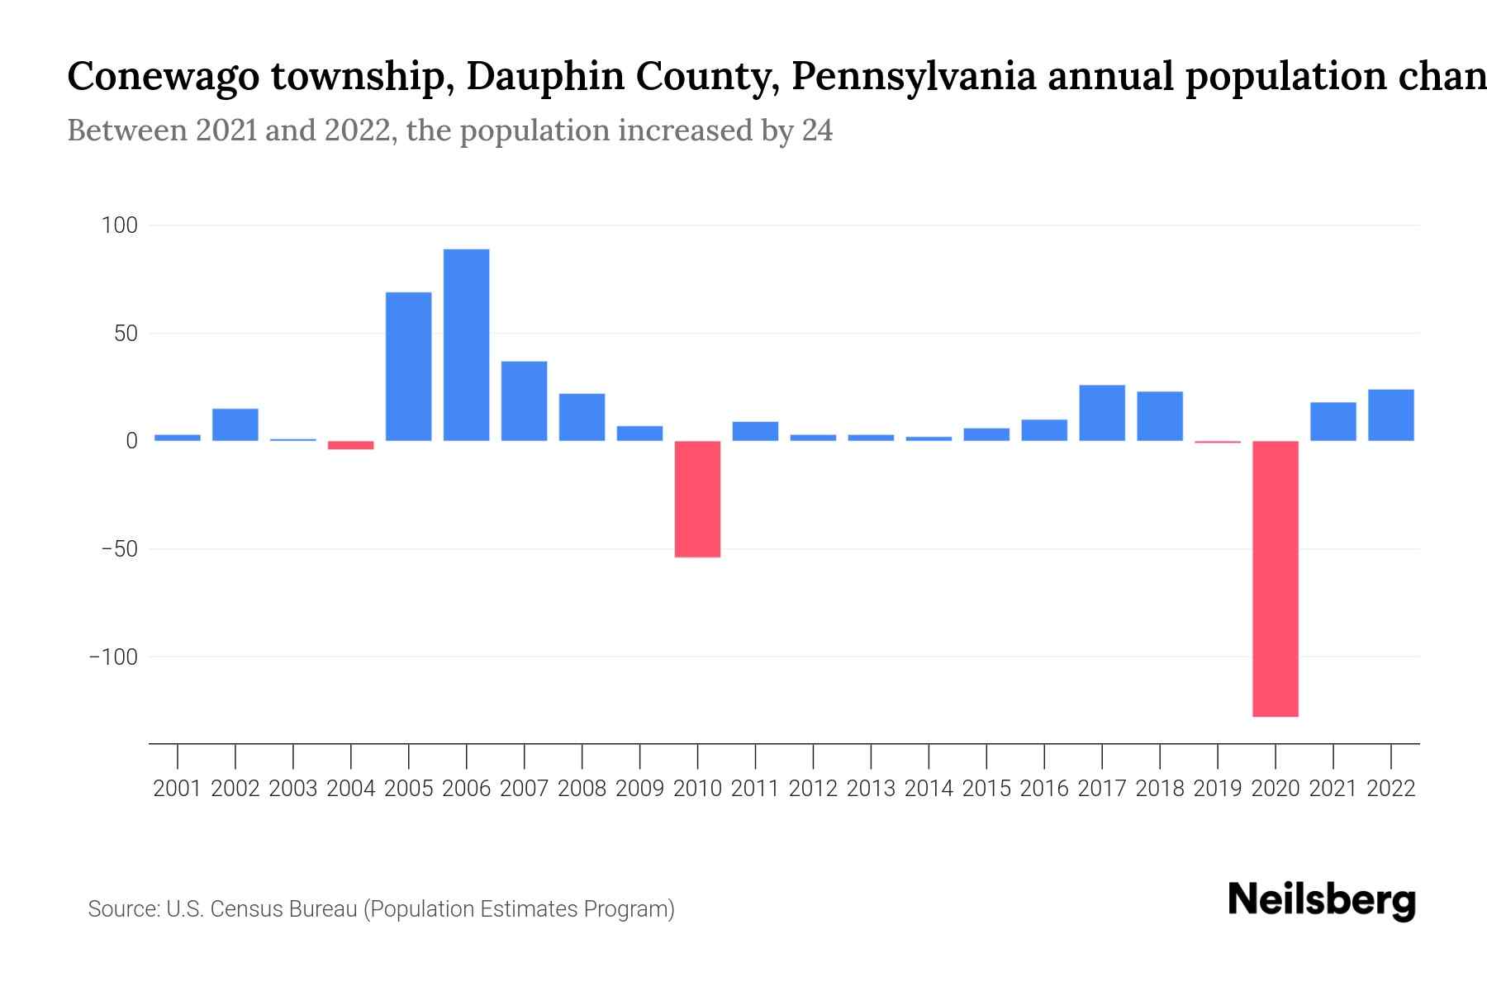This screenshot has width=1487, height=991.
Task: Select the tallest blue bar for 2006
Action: (466, 345)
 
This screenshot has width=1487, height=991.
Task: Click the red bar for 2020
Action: (1276, 578)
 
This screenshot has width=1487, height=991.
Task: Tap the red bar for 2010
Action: (697, 499)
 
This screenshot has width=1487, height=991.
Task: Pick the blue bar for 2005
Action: (408, 367)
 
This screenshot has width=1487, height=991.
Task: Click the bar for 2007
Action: (524, 401)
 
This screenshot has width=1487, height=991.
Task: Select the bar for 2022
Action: (1391, 415)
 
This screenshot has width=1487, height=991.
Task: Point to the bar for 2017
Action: (1102, 413)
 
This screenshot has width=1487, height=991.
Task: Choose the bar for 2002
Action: (235, 424)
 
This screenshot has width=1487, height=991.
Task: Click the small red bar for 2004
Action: (351, 445)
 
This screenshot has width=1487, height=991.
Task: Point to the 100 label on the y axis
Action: (120, 225)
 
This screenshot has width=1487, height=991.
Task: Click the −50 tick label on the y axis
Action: (120, 549)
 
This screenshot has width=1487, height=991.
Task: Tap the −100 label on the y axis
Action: (114, 657)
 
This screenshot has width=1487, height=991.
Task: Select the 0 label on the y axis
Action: (131, 441)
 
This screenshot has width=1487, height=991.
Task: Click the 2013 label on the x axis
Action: (871, 789)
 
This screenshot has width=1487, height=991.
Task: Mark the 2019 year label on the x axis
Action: (1218, 789)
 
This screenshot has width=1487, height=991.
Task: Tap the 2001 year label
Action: (178, 789)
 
